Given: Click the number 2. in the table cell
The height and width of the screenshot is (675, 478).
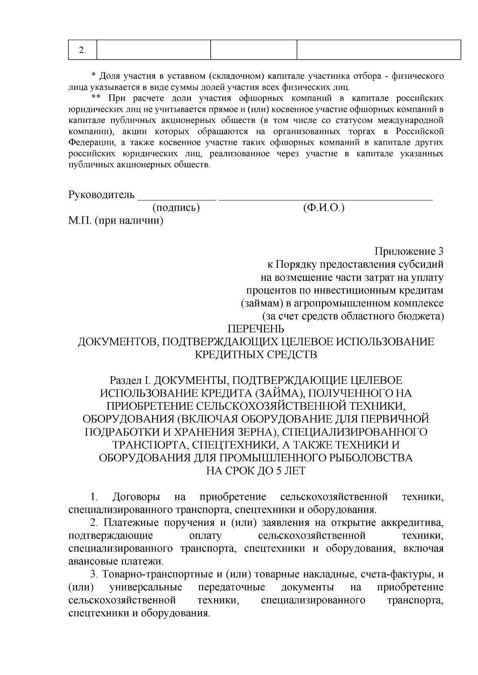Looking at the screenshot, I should click(82, 50).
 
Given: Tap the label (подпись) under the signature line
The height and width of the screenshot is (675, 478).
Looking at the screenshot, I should click(176, 208).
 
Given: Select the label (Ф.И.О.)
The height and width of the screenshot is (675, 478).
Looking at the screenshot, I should click(323, 208).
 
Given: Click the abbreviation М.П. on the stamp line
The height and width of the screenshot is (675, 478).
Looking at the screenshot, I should click(80, 220).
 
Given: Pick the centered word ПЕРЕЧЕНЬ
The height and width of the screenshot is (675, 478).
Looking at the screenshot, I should click(256, 329).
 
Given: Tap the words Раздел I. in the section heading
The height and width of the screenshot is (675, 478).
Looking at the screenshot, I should click(130, 380).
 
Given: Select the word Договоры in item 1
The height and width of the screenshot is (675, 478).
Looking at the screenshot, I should click(137, 497).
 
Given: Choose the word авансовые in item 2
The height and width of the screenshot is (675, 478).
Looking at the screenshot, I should click(93, 562).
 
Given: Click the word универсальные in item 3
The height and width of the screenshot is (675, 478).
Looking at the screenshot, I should click(146, 587).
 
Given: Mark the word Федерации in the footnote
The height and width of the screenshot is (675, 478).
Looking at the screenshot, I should click(92, 142).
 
